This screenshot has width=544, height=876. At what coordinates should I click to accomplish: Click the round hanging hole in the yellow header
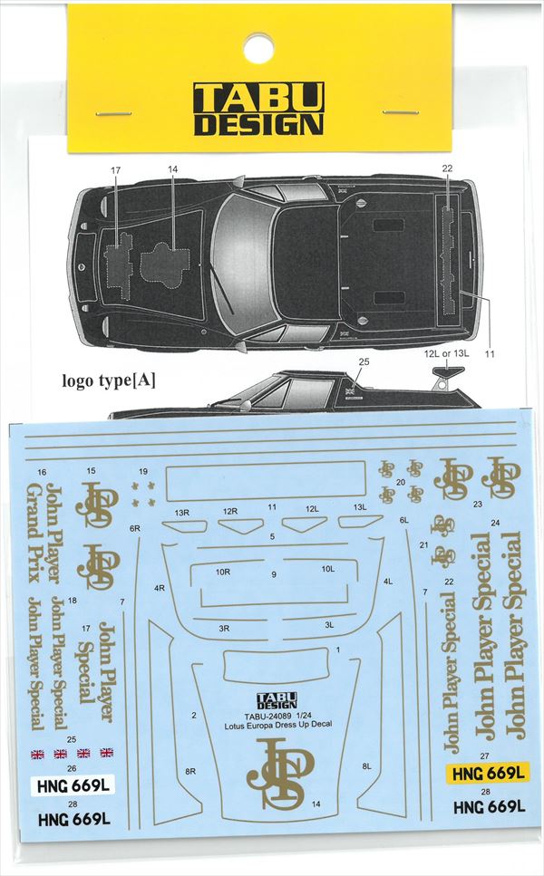coord(258,45)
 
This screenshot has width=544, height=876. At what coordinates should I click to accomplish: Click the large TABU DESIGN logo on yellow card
coord(258,110)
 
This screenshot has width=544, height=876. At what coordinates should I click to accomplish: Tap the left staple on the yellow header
coord(114,114)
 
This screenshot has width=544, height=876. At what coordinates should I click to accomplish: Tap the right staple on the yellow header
coord(400,112)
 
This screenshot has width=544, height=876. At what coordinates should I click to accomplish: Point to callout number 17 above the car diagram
coord(115,170)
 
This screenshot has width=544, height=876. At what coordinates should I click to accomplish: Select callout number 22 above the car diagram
coord(447,168)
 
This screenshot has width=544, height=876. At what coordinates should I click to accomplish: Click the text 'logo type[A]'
coord(109,380)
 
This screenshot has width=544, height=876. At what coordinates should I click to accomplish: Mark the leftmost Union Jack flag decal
coord(37,753)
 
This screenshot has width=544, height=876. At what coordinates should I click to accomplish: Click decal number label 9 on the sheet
coord(273,574)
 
